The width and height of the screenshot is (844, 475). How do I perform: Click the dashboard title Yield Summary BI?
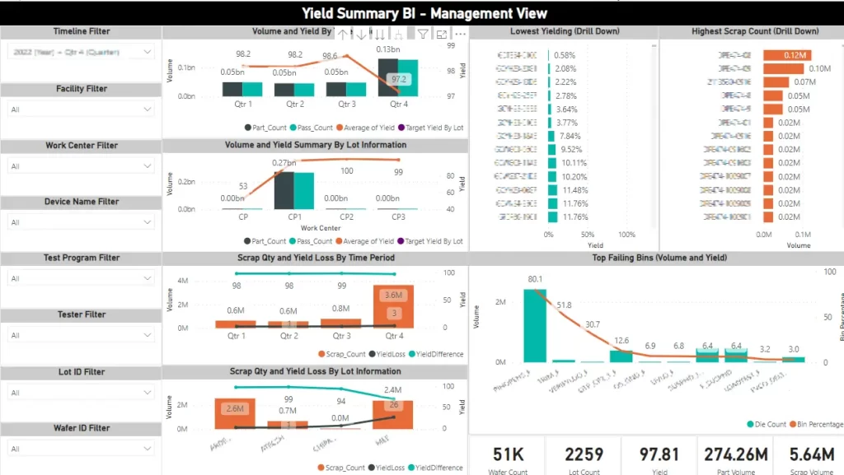click(424, 13)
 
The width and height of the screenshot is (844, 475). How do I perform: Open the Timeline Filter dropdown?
click(81, 52)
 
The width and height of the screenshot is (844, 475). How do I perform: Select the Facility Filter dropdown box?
click(81, 109)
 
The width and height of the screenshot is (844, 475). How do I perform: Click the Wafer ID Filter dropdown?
click(81, 449)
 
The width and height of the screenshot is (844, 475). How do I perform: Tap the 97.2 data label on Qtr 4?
click(399, 79)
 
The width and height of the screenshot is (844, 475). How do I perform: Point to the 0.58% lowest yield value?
click(565, 54)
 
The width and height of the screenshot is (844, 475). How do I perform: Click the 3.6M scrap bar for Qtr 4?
click(392, 294)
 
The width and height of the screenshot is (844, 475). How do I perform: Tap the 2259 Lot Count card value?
click(584, 454)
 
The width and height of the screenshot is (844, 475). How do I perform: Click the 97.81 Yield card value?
click(659, 454)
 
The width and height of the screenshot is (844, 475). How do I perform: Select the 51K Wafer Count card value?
click(509, 454)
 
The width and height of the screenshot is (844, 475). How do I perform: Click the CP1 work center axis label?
click(294, 217)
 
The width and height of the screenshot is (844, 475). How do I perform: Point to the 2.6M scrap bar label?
click(234, 408)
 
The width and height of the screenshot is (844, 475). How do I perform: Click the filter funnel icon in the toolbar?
click(422, 35)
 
